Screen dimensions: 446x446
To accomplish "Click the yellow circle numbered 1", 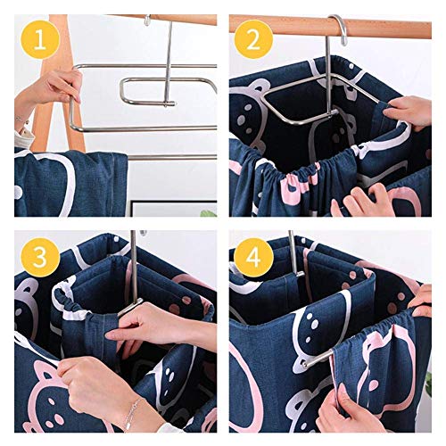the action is pos(40,39).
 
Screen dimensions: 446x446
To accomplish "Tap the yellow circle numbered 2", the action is pos(253,39).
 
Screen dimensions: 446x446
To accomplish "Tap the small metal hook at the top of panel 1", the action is pos(147,20).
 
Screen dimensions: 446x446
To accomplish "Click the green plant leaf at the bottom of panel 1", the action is pos(209,212).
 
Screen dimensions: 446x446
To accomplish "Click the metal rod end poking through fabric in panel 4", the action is pos(316,359).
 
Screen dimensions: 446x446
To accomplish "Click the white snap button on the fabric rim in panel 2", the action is pos(351,66).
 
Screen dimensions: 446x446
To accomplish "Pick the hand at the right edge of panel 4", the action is pos(422,301).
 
